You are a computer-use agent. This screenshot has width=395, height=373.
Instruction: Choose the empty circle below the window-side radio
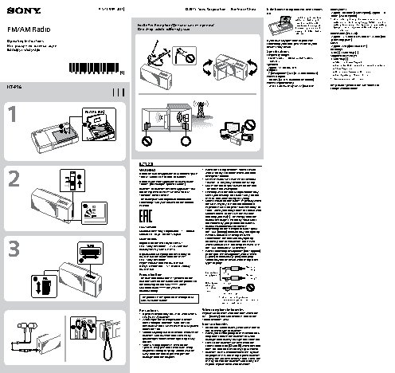pyautogui.click(x=186, y=143)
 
